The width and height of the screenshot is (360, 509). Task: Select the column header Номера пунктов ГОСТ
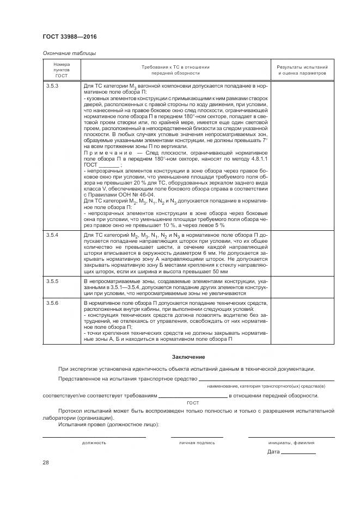coord(62,70)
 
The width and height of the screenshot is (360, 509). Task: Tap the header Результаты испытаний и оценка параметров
coord(302,70)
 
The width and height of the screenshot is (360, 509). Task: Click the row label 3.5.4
coord(53,234)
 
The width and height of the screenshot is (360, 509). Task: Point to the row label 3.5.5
coord(53,281)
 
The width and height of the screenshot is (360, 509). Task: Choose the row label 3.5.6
coord(53,302)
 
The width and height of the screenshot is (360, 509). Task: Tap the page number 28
coord(46,462)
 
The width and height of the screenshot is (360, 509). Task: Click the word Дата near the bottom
coord(273,452)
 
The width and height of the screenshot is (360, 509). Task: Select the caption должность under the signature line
coord(94,443)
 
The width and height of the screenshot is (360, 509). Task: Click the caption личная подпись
coord(197,443)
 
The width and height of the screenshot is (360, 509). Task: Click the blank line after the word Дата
coord(299,452)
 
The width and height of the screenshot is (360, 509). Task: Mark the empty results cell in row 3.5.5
coord(302,287)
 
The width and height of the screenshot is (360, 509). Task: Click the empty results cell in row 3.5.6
coord(302,321)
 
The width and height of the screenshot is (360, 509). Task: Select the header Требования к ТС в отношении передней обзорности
coord(175,70)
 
